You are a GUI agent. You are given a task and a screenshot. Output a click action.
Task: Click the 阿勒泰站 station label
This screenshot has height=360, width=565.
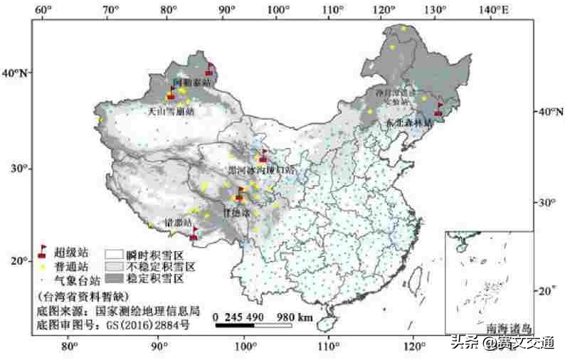coord(192,83)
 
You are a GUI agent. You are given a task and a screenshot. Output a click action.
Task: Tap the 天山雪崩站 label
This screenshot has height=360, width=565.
coord(170,112)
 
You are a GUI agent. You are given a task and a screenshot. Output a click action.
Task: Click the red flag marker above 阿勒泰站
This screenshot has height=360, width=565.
coord(210,69)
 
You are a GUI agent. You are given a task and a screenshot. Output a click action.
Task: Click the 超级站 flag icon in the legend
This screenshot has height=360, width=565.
coord(42,253)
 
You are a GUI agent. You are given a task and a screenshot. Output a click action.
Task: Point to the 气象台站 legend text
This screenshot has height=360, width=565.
coord(78,280)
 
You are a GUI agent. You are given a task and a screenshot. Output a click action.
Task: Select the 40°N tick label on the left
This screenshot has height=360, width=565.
coord(14,73)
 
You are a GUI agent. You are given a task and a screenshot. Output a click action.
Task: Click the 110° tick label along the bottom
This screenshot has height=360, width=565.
coord(329,348)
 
